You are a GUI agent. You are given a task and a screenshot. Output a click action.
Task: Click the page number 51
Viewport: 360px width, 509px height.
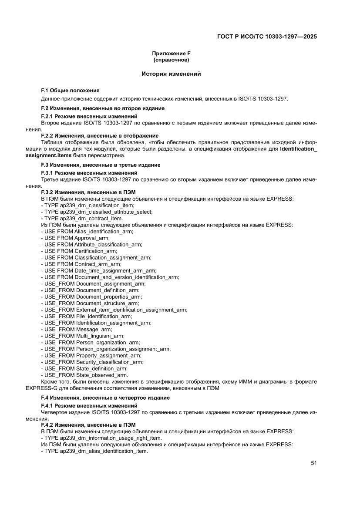[313, 463]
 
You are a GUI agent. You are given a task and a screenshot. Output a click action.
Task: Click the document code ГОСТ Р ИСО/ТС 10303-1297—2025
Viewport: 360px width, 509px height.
[266, 37]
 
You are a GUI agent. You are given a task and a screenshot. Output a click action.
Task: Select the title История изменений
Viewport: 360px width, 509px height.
[171, 74]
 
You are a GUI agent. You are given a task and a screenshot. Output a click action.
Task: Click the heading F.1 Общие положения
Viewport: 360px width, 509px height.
[70, 91]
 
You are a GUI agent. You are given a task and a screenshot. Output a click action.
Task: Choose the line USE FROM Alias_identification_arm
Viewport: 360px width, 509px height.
[87, 232]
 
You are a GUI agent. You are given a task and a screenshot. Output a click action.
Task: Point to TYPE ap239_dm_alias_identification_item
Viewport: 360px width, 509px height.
[94, 451]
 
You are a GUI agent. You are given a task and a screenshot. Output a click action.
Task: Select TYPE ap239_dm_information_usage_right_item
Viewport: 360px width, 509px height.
[101, 438]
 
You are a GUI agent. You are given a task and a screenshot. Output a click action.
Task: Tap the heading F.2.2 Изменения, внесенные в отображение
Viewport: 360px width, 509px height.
[100, 136]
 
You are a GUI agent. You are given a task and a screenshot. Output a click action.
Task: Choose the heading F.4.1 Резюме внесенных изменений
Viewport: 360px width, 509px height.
[89, 405]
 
